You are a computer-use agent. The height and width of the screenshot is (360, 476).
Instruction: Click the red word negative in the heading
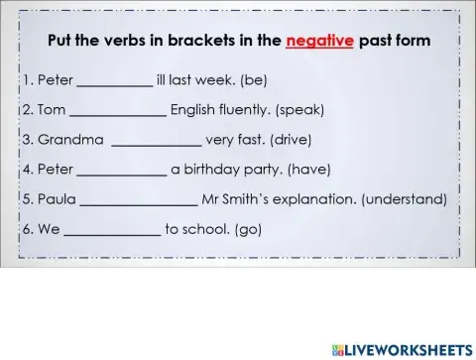pos(319,43)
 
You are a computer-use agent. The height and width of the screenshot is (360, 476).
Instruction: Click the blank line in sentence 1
pos(115,80)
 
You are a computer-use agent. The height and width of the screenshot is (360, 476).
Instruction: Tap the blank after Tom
pos(119,110)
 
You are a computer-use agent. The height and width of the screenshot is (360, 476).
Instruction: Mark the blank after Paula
pos(138,199)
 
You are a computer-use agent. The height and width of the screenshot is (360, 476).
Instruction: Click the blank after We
pos(113,229)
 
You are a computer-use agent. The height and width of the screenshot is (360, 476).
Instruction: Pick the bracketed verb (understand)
pos(405,199)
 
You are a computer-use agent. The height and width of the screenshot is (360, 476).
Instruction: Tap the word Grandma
pos(64,140)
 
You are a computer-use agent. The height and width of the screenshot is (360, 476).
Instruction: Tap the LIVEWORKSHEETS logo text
pos(404,349)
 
